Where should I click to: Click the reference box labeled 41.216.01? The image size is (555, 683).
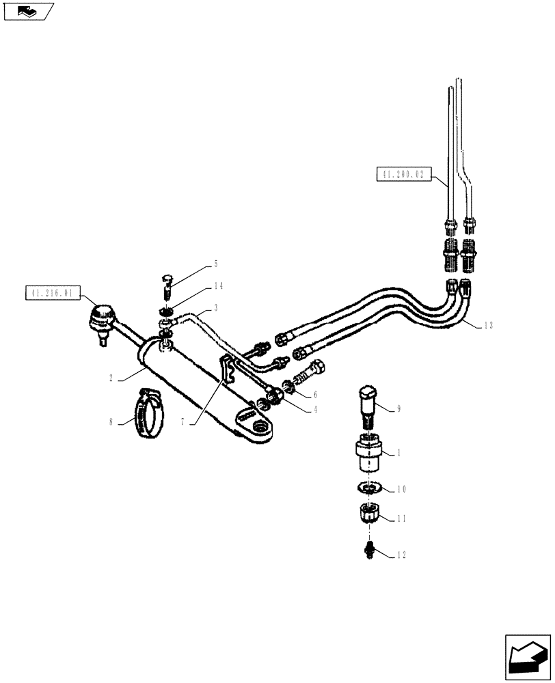click(52, 294)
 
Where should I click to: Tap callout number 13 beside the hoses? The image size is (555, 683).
click(487, 325)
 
